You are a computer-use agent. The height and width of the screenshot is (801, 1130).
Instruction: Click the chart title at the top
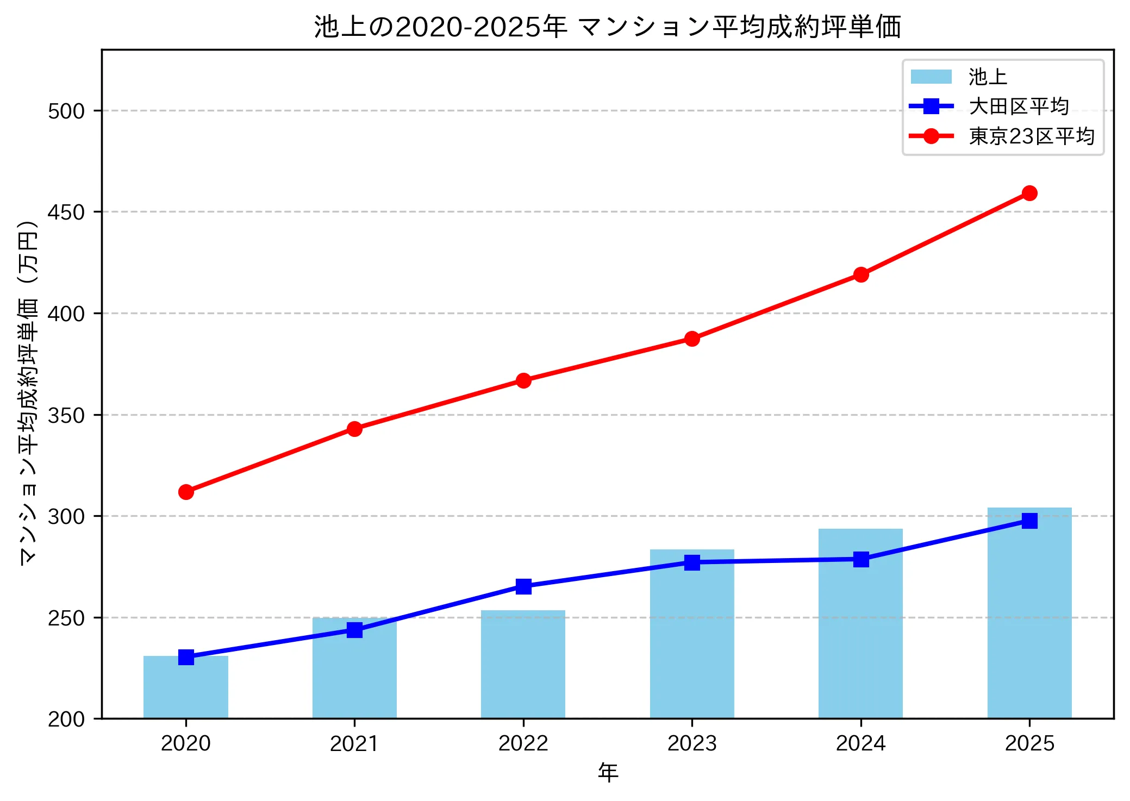pyautogui.click(x=608, y=27)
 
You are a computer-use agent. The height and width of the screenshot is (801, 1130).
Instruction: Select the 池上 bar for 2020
pyautogui.click(x=186, y=687)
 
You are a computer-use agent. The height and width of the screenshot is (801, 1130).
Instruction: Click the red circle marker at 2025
pyautogui.click(x=1029, y=193)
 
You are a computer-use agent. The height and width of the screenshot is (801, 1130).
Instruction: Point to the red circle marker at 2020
pyautogui.click(x=186, y=492)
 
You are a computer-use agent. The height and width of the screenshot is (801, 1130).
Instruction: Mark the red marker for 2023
pyautogui.click(x=692, y=339)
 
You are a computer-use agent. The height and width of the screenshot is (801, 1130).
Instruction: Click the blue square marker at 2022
pyautogui.click(x=523, y=586)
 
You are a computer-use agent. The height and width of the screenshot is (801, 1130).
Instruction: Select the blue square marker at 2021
pyautogui.click(x=354, y=630)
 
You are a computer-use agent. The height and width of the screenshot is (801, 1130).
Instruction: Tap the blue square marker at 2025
pyautogui.click(x=1029, y=521)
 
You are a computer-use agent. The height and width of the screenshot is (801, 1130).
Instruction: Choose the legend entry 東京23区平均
pyautogui.click(x=1031, y=136)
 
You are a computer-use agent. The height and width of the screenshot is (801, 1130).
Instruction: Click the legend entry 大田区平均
pyautogui.click(x=1019, y=106)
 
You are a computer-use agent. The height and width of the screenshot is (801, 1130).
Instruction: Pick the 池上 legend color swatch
pyautogui.click(x=931, y=77)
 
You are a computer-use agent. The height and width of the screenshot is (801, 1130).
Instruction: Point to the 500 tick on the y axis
pyautogui.click(x=66, y=111)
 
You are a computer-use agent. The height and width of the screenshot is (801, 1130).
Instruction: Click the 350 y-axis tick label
pyautogui.click(x=66, y=415)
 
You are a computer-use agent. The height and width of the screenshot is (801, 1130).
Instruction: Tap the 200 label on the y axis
pyautogui.click(x=66, y=719)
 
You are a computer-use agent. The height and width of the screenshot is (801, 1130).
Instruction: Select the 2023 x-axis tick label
pyautogui.click(x=692, y=743)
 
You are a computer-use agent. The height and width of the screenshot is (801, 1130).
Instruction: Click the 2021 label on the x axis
pyautogui.click(x=354, y=743)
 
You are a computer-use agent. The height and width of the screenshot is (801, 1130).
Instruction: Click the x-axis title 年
pyautogui.click(x=608, y=772)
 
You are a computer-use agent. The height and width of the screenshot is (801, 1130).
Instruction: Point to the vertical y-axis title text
pyautogui.click(x=28, y=392)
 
